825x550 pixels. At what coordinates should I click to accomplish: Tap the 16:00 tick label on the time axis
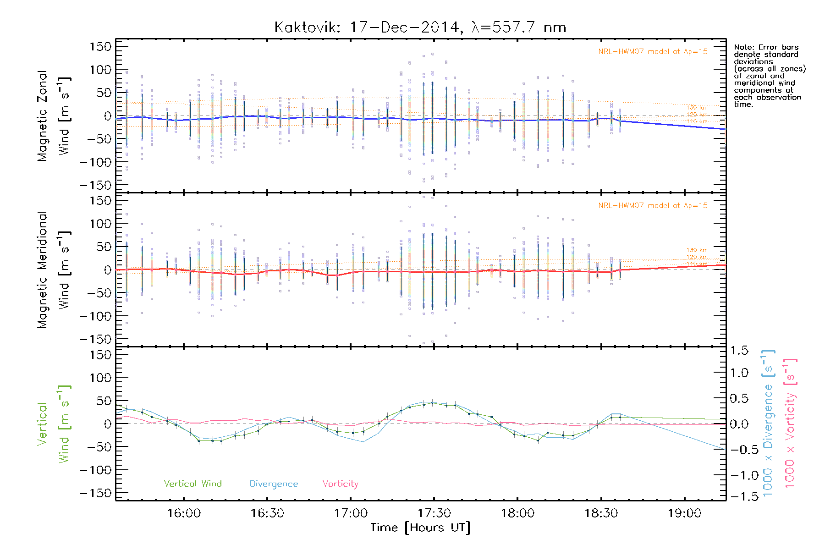click(x=184, y=513)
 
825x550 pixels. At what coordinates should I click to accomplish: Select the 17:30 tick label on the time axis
click(x=434, y=513)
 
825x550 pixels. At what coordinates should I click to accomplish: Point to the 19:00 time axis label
click(x=684, y=513)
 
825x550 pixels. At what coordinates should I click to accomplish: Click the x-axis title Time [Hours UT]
click(x=420, y=528)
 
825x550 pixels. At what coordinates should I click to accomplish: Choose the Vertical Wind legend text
click(x=192, y=484)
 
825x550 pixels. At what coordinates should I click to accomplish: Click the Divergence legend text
click(x=274, y=484)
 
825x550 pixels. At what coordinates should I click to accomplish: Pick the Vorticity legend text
click(x=340, y=484)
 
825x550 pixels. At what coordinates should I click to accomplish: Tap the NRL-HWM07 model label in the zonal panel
click(x=653, y=52)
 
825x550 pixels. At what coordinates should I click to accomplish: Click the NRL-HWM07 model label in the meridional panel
click(x=653, y=206)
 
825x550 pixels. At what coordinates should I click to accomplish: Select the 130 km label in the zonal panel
click(x=697, y=108)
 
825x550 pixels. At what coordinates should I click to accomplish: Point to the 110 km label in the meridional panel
click(x=697, y=264)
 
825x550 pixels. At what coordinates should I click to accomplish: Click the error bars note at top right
click(x=770, y=76)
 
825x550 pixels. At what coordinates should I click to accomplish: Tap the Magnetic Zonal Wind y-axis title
click(x=54, y=116)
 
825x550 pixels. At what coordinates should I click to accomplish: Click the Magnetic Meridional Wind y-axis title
click(x=54, y=270)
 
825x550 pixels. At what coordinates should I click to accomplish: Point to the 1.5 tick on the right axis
click(x=739, y=351)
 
